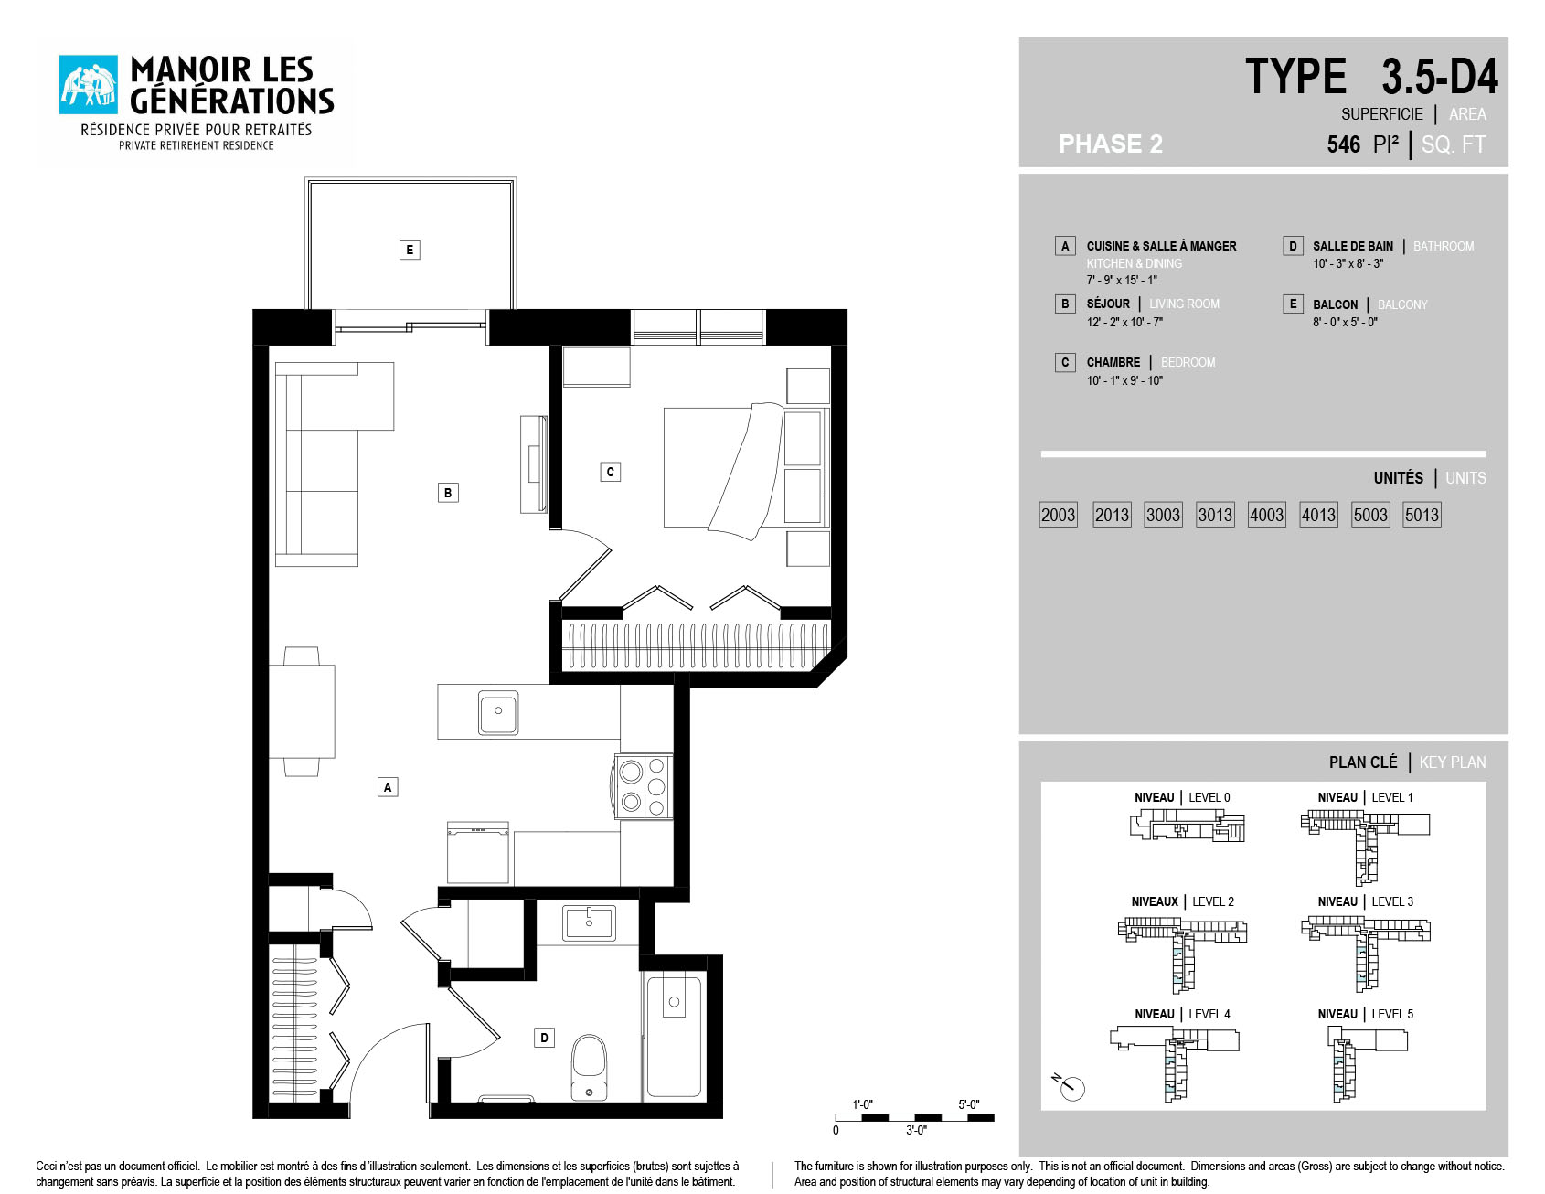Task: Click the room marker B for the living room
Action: coord(448,493)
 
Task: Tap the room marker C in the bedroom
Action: coord(611,472)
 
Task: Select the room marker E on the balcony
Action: coord(410,250)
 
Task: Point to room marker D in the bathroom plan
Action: coord(544,1038)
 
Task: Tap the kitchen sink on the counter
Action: coord(498,712)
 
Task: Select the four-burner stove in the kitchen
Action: coord(644,786)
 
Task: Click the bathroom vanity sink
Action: coord(590,923)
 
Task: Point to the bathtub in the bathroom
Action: coord(674,1036)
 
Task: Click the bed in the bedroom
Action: coord(743,467)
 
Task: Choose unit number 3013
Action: coord(1215,515)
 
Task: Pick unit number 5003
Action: coord(1370,515)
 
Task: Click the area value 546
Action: coord(1344,144)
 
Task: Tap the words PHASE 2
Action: coord(1111,144)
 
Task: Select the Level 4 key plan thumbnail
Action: coord(1175,1062)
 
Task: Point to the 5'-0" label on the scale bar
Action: coord(969,1104)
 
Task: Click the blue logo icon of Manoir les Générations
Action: coord(89,85)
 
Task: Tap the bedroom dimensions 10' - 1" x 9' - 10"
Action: coord(1124,380)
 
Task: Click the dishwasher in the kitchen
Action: coord(478,853)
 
